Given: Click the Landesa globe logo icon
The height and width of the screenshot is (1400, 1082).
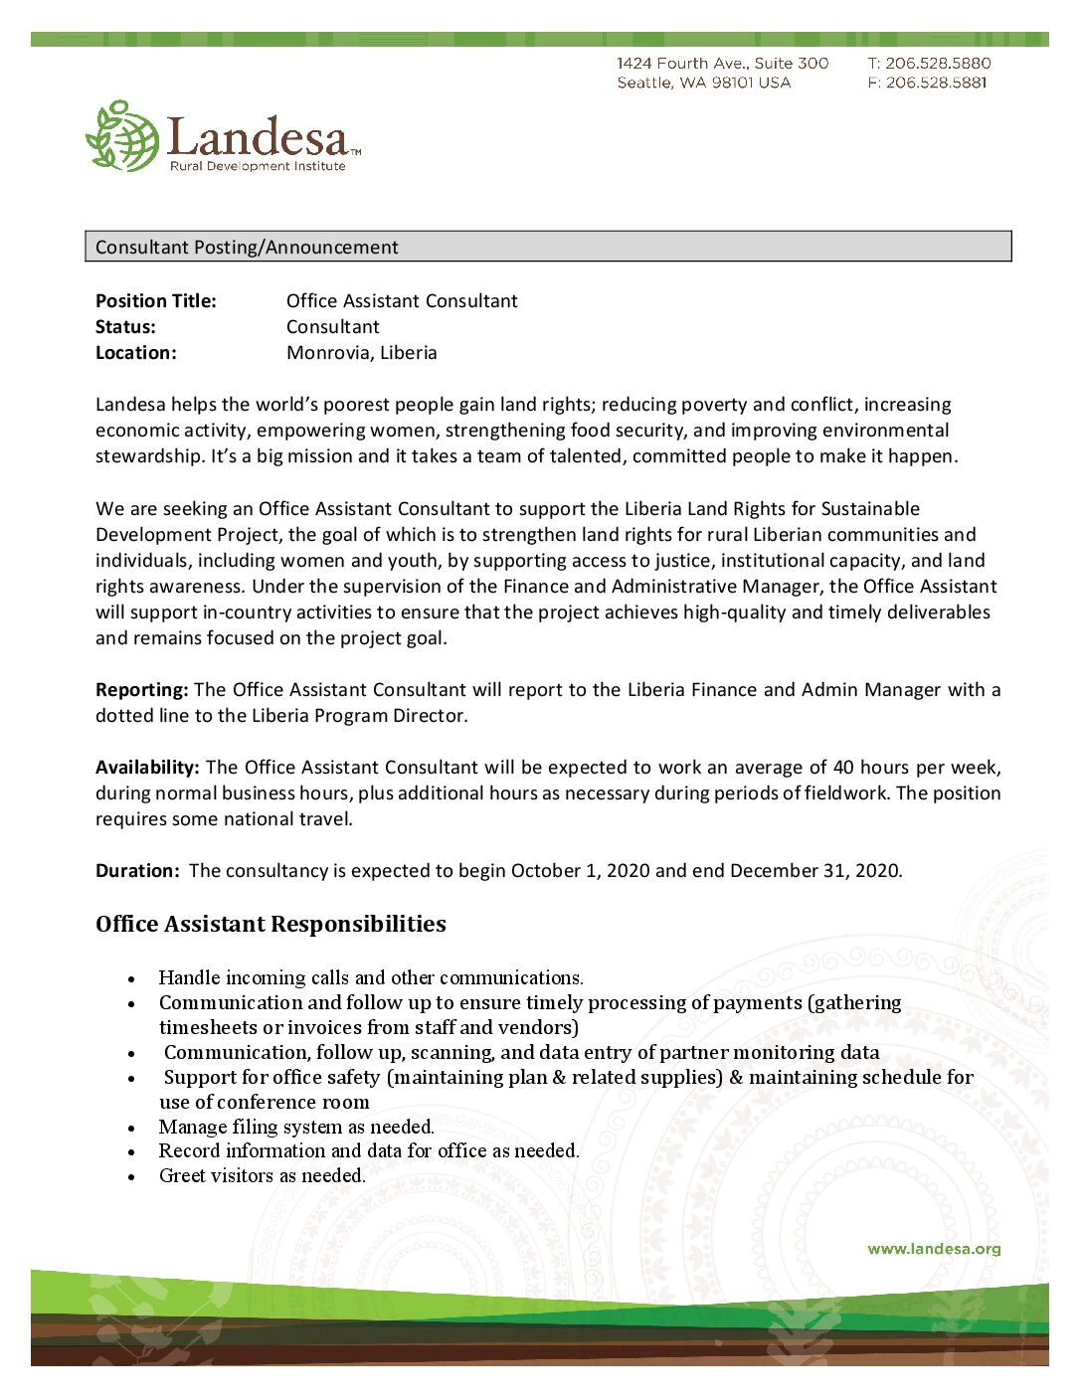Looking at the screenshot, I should [x=122, y=136].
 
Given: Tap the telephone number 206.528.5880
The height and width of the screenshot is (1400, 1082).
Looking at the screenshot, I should [x=938, y=64].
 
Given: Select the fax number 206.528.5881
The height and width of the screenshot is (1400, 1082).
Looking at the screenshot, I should [x=936, y=83].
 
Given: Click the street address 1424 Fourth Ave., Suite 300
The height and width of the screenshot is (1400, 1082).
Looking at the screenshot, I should [x=722, y=64].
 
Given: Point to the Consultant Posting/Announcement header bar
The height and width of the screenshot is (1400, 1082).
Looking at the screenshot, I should [x=548, y=247].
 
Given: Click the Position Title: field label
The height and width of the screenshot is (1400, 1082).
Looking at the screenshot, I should [x=155, y=301].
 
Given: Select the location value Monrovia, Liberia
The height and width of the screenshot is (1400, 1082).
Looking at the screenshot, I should [x=361, y=353].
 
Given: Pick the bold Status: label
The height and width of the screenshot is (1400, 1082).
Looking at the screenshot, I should [x=125, y=327].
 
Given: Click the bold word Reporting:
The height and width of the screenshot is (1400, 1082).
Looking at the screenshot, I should [x=141, y=690].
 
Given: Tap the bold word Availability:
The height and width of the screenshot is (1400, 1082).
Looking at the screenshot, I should [x=147, y=768].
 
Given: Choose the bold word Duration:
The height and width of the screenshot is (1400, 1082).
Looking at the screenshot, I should [x=137, y=871].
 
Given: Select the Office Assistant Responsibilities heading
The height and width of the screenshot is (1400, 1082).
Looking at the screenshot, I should [x=270, y=924].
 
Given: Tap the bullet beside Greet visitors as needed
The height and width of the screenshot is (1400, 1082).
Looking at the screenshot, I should [x=131, y=1177].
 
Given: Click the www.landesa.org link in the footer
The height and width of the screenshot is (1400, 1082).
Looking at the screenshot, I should [x=934, y=1249].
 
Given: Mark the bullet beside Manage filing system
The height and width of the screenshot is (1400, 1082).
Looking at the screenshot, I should [x=131, y=1129].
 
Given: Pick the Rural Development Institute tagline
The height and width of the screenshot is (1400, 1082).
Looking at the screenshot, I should [x=258, y=166].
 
